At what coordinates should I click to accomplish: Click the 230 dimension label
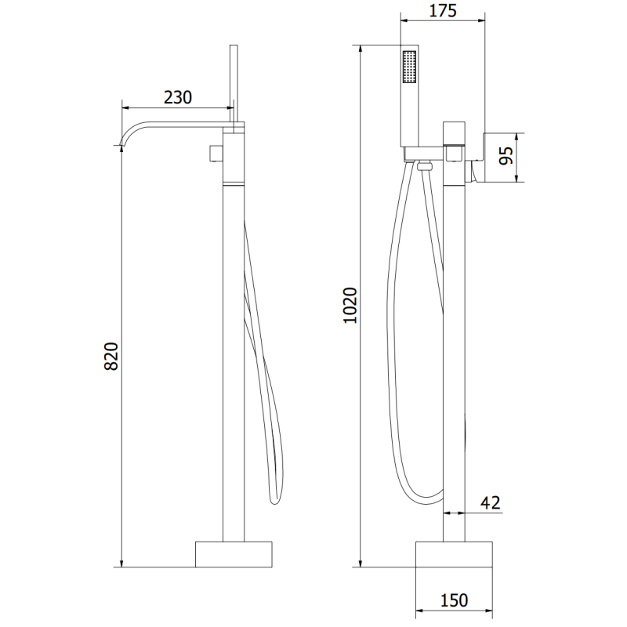click(x=179, y=97)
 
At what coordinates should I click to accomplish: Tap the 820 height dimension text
click(x=111, y=357)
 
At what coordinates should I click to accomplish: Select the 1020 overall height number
click(x=350, y=306)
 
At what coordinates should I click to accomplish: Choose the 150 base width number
click(x=454, y=600)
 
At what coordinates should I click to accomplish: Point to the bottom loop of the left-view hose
click(x=274, y=498)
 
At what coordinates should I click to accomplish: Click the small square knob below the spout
click(x=216, y=153)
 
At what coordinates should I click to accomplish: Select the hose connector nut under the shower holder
click(x=426, y=165)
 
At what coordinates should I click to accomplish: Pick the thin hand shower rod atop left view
click(x=233, y=78)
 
